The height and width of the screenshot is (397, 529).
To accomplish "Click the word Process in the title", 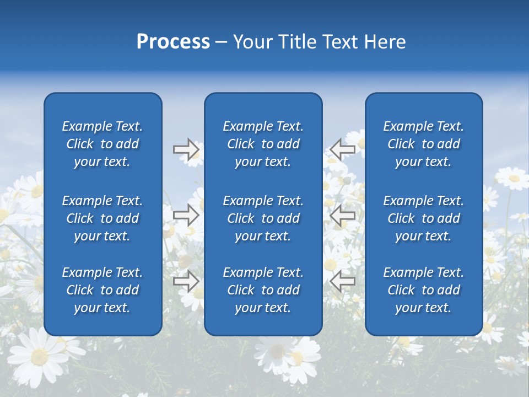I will coord(173,42).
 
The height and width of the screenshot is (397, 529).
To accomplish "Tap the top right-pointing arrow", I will coord(186,149).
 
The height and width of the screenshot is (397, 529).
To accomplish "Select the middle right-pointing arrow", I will coord(186,215).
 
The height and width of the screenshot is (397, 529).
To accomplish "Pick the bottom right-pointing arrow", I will coord(186,281).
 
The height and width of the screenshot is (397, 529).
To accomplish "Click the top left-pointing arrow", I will coord(342,149).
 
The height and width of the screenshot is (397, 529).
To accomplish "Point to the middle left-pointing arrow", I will coord(342,215).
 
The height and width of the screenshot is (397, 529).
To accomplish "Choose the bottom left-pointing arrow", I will coord(342,281).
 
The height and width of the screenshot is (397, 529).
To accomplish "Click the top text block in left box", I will coord(102,144).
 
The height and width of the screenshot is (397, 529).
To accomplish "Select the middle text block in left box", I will coord(102,218).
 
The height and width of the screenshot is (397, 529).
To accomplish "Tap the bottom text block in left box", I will coord(102,290).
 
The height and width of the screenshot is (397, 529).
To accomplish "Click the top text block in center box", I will coord(263,144).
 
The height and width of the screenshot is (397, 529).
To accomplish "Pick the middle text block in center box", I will coord(263,218).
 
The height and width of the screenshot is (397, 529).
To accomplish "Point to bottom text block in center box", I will coord(263,290).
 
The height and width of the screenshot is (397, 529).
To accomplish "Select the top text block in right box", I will coord(423,144).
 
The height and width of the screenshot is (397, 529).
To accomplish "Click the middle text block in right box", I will coord(423,218).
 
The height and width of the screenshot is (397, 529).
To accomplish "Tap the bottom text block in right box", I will coord(423,290).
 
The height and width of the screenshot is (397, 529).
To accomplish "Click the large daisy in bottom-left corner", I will coord(39,356).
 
